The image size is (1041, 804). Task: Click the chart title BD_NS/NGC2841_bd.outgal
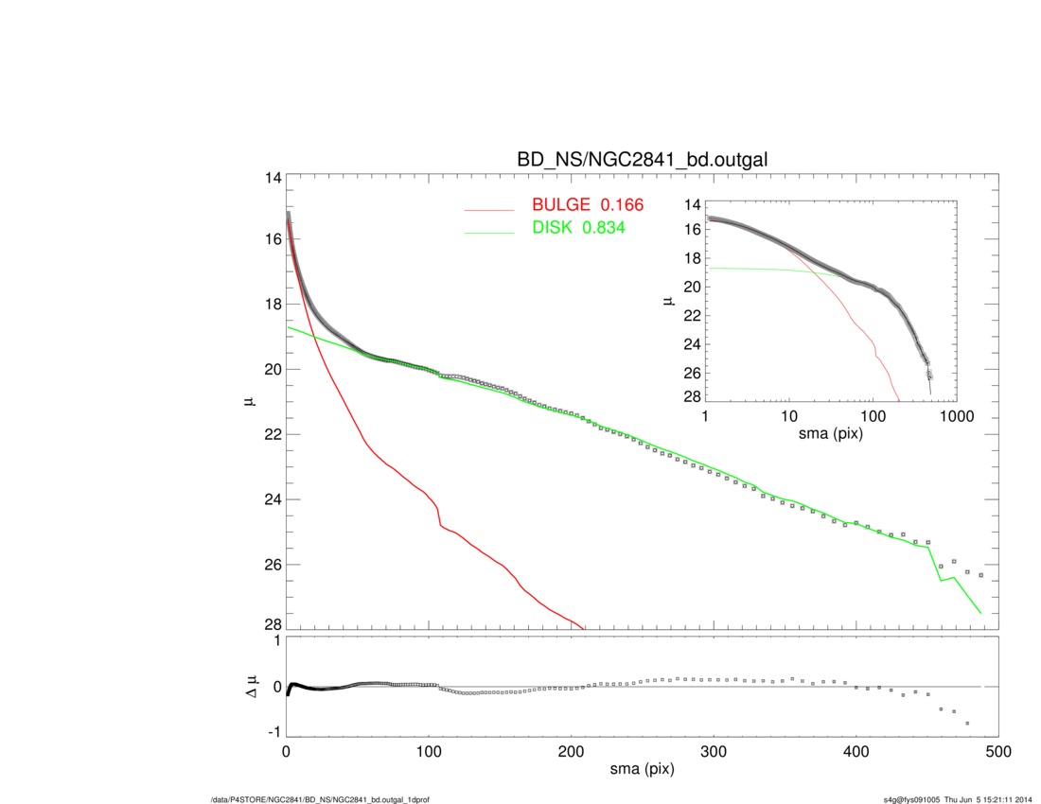tap(642, 160)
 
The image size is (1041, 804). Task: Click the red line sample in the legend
tap(489, 208)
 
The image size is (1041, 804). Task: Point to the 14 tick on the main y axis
tap(273, 178)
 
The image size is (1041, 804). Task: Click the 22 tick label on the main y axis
tap(273, 434)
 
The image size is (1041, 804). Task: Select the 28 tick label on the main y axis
tap(273, 625)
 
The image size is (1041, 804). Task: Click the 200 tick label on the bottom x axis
tap(572, 752)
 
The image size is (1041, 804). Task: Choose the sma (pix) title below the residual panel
tap(642, 770)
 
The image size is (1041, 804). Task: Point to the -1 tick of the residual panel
tap(275, 732)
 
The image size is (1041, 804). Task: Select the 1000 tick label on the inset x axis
tap(956, 415)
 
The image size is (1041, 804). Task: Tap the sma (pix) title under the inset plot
tap(830, 431)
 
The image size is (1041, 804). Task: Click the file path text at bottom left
tap(321, 800)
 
